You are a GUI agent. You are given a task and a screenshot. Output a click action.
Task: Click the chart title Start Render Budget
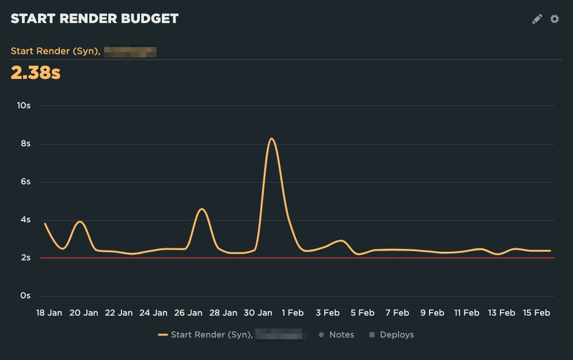coord(94,18)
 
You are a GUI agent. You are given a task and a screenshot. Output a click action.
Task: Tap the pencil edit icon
coord(537,19)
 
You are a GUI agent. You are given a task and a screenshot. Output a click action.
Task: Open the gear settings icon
coord(555,19)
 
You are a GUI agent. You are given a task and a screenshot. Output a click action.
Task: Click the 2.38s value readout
coord(36,73)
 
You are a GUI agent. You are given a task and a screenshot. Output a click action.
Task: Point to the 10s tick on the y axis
coord(24,105)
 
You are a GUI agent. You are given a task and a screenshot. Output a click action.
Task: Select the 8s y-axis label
coord(25,143)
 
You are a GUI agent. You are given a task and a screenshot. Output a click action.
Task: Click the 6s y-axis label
coord(25,181)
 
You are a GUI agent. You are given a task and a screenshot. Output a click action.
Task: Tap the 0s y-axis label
coord(25,295)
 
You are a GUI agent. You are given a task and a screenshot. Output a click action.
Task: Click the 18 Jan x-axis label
coord(49,313)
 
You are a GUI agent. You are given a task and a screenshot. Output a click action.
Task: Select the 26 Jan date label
coord(188,313)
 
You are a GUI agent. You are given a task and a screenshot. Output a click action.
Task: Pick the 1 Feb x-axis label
coord(293,313)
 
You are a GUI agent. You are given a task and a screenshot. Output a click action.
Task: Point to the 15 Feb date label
coord(536,313)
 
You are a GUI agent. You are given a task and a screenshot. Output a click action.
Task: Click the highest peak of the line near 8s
coord(271,139)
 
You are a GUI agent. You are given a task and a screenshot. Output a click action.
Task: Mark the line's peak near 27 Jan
coord(201,209)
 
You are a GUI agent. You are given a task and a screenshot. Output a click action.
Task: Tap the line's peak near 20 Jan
coord(80,222)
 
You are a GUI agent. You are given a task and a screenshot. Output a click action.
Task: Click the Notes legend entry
coord(337,335)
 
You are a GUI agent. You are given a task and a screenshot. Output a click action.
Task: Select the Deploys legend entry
coord(392,335)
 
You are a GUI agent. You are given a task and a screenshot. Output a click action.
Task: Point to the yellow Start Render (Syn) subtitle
coord(55,51)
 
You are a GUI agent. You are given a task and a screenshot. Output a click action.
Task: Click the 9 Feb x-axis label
coord(432,313)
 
